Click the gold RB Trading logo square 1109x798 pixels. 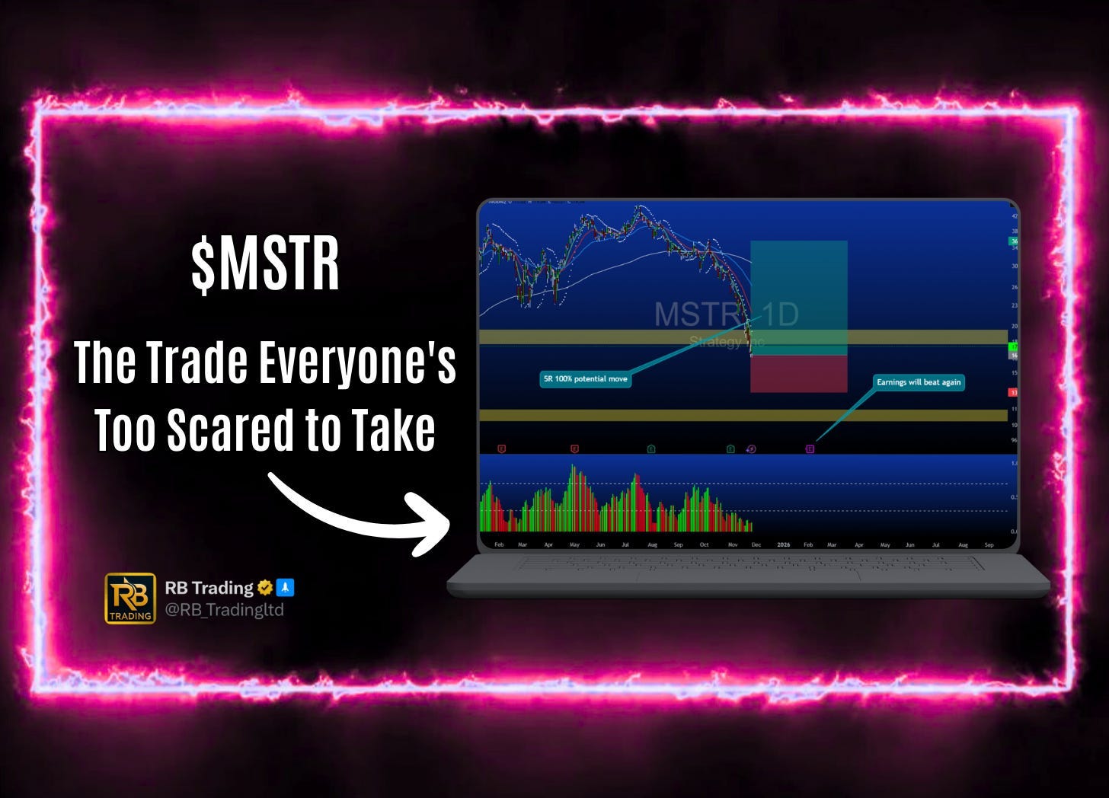click(129, 598)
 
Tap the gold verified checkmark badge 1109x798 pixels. click(265, 588)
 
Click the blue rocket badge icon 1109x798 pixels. click(285, 588)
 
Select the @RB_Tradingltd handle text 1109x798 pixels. click(224, 610)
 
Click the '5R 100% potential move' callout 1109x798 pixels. click(585, 378)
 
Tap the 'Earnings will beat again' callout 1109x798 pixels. click(919, 382)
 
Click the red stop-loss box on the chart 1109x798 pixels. click(798, 374)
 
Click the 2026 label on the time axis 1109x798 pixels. click(783, 544)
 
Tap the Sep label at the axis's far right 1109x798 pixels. click(989, 544)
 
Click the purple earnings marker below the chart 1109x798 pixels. click(810, 449)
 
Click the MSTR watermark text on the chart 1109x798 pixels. click(697, 314)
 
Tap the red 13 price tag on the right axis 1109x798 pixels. click(1013, 392)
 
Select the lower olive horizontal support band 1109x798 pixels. click(743, 415)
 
